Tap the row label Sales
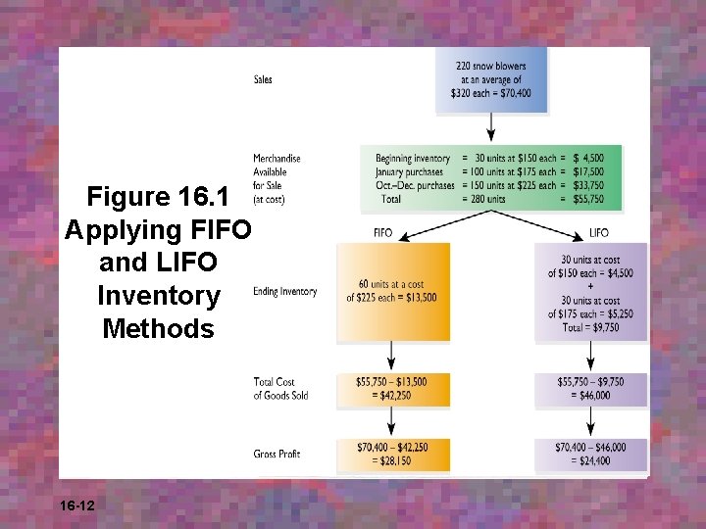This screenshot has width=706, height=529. coord(263,79)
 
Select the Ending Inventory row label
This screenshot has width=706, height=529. coord(284,292)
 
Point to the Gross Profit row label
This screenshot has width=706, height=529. coord(277,455)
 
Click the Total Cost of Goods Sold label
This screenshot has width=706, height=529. coord(280,389)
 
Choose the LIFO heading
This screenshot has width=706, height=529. coord(599,233)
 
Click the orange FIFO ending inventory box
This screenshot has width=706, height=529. coord(392,292)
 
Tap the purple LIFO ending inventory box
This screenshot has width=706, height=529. coord(590,292)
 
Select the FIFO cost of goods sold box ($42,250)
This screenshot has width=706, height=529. coord(392,389)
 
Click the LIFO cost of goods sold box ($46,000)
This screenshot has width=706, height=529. coord(590,389)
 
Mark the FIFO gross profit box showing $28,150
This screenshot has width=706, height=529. coord(392,455)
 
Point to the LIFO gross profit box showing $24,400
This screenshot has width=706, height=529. coord(590,455)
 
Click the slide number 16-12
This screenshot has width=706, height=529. coord(76,506)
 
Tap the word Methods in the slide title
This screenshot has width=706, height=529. coord(158,328)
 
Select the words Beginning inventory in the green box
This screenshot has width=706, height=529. coord(413,159)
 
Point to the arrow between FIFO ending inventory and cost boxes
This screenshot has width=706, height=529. coord(392,355)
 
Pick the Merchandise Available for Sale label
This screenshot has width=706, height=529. coord(277,178)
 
